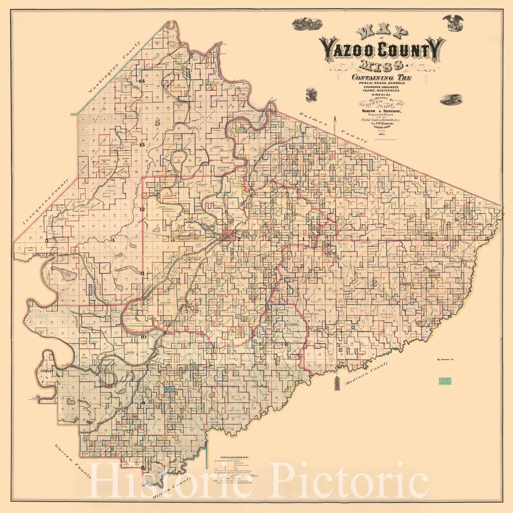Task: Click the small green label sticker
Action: point(443,381)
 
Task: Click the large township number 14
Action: point(142,80)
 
